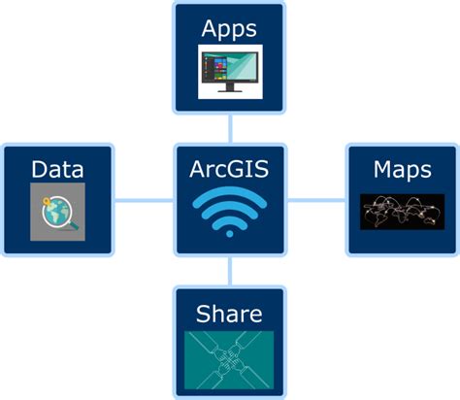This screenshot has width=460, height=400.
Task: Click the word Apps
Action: (229, 30)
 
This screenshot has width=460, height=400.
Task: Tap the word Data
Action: (57, 169)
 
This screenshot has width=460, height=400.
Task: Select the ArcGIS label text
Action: (229, 169)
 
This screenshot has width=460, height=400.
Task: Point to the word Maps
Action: (403, 170)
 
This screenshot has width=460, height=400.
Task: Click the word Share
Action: (229, 314)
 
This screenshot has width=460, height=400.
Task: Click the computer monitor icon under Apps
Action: (230, 72)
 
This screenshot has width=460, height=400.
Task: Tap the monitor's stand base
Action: (230, 91)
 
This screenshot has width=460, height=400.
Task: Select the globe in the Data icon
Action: (57, 212)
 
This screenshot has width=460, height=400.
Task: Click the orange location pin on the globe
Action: (47, 202)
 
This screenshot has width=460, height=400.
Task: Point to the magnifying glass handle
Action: (74, 225)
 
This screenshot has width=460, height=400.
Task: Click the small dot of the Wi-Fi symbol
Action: (230, 234)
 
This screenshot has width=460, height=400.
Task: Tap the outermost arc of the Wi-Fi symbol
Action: (230, 193)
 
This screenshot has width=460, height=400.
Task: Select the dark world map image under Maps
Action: (403, 212)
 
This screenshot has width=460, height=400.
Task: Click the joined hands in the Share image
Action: (229, 360)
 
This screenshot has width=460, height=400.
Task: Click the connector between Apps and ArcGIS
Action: (230, 129)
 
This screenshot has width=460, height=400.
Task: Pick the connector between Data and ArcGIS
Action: (144, 200)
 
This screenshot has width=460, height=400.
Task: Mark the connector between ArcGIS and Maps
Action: (316, 200)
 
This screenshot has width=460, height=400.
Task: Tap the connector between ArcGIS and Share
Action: (230, 271)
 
